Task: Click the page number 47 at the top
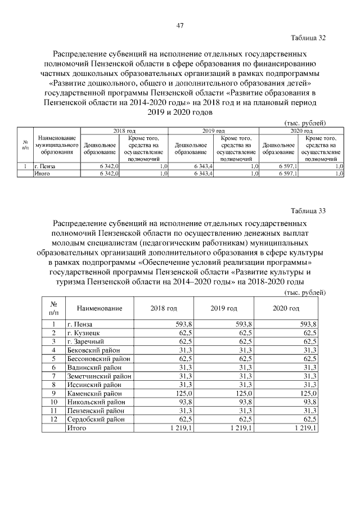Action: [180, 25]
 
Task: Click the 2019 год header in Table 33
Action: [224, 309]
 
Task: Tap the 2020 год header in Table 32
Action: [300, 130]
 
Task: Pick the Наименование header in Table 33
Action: [99, 309]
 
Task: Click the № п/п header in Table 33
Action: [53, 309]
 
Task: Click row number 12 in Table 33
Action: [53, 419]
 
